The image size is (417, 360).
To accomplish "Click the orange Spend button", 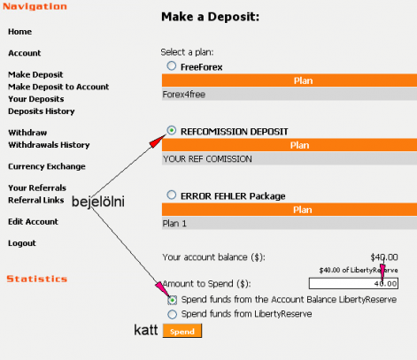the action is click(182, 331).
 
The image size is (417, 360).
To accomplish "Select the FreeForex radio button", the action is click(172, 65).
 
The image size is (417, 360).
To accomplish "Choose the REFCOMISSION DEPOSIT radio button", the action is click(172, 130).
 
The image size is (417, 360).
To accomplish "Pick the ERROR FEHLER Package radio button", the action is click(172, 195).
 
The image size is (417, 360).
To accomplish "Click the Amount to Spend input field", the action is click(353, 284).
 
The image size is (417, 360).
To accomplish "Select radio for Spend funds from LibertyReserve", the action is click(173, 314).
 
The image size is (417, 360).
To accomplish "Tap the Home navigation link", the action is click(19, 32).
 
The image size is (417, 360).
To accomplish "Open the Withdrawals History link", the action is click(49, 145).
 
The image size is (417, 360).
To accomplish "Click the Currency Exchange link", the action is click(47, 166).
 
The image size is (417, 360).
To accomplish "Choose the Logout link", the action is click(22, 243).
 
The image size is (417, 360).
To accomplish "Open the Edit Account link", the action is click(33, 221).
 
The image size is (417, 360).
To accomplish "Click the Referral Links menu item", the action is click(36, 200).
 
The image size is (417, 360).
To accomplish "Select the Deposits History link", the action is click(42, 111).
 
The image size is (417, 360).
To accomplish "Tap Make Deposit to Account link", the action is click(58, 87).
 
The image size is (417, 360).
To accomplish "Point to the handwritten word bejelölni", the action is click(98, 202).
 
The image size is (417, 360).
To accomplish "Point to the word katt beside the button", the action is click(146, 330).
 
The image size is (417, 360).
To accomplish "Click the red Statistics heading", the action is click(37, 279).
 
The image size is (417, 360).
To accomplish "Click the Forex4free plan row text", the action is click(184, 95).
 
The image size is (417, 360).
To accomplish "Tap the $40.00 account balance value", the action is click(384, 257).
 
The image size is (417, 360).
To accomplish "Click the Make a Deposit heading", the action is click(210, 17).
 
